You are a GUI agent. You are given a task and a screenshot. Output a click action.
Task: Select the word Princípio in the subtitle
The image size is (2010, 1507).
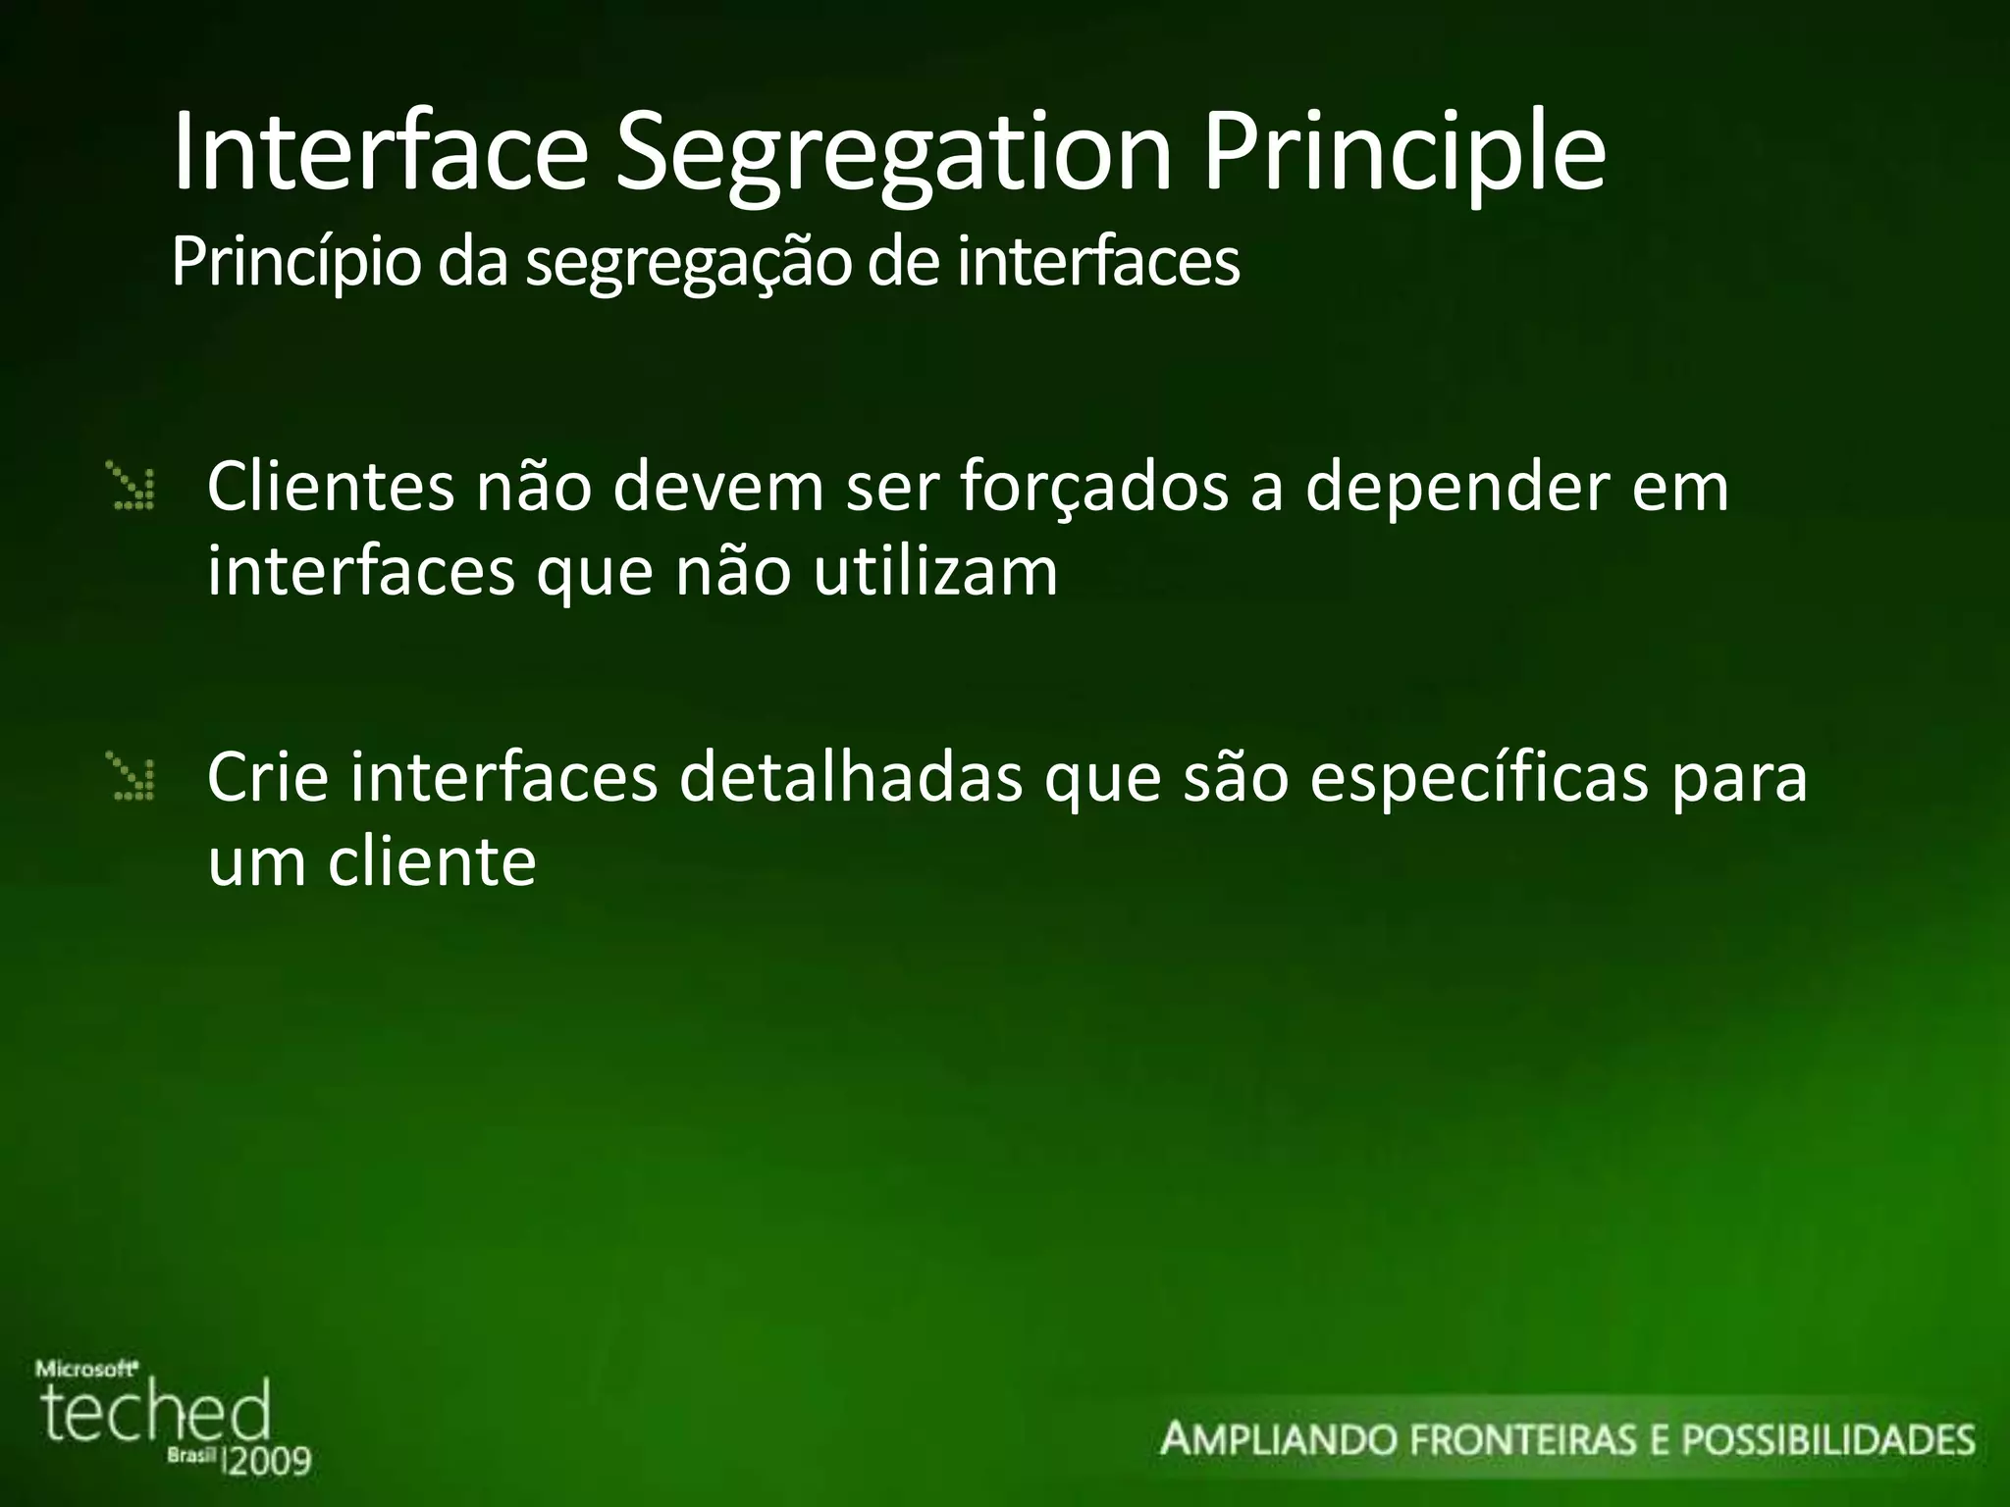coord(295,263)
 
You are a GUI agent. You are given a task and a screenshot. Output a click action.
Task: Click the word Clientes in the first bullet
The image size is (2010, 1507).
coord(331,487)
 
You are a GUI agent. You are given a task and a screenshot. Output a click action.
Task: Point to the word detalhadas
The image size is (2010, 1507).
coord(851,777)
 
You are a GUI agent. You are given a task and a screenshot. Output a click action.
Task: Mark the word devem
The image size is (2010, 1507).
coord(718,487)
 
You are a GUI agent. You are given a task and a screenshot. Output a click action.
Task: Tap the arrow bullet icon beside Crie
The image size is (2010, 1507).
coord(132,776)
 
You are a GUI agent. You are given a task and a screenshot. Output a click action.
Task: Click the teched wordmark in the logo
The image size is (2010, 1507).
coord(155,1414)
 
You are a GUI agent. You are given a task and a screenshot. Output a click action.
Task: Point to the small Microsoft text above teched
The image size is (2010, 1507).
coord(86,1368)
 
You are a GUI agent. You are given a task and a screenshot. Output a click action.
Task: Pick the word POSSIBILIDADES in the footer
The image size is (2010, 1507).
coord(1827,1440)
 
